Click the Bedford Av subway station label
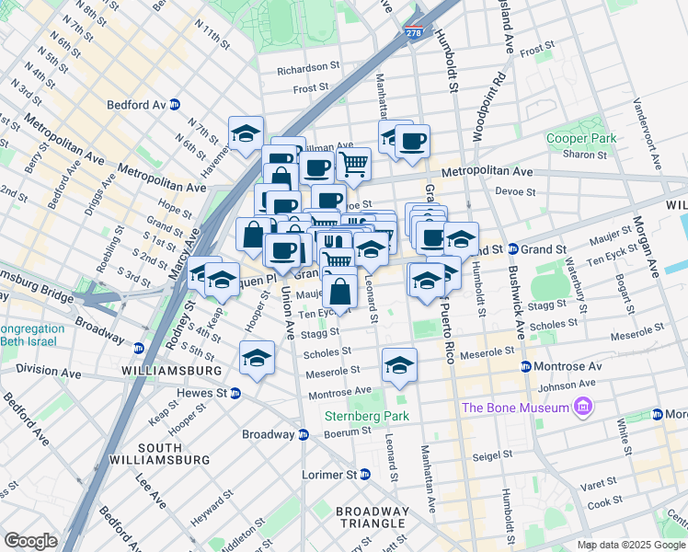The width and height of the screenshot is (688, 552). click(135, 104)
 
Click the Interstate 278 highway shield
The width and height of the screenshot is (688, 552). click(415, 33)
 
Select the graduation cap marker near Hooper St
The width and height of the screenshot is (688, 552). click(257, 358)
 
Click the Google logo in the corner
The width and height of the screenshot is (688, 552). click(30, 540)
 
